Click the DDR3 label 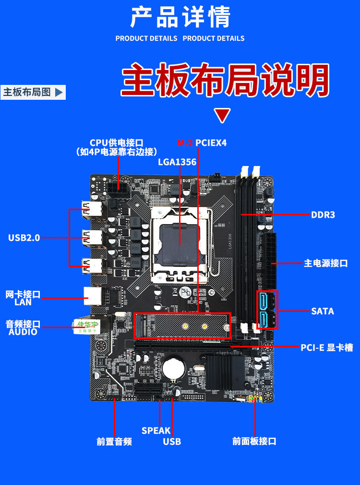(x=323, y=214)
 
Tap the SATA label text (x=322, y=311)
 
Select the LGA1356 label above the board (x=177, y=162)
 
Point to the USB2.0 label (x=24, y=237)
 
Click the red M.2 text (x=185, y=142)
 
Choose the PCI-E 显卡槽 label (x=326, y=347)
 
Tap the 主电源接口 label (x=325, y=263)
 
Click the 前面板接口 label (x=254, y=441)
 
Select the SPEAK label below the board (x=156, y=430)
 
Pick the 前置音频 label (x=114, y=441)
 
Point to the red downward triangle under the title (x=222, y=116)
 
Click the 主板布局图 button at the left (x=33, y=92)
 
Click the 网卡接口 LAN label (x=23, y=298)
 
